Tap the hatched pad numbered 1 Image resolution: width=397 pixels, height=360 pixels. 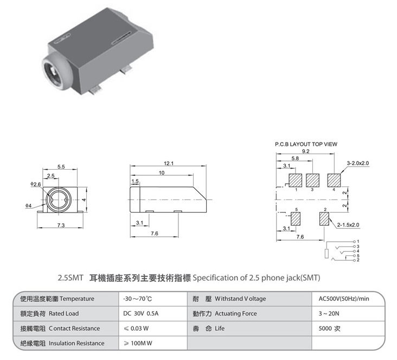click(296, 180)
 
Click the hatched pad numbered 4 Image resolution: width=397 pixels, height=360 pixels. click(334, 180)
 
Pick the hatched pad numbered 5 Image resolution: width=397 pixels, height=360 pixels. click(296, 219)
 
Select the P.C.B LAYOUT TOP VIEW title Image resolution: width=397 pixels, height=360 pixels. click(306, 144)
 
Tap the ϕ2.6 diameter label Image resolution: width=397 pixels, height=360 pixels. click(36, 184)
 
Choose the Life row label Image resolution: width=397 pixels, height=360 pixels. click(219, 328)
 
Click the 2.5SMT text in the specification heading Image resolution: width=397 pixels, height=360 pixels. click(71, 278)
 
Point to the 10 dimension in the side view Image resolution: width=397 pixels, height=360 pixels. click(161, 172)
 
